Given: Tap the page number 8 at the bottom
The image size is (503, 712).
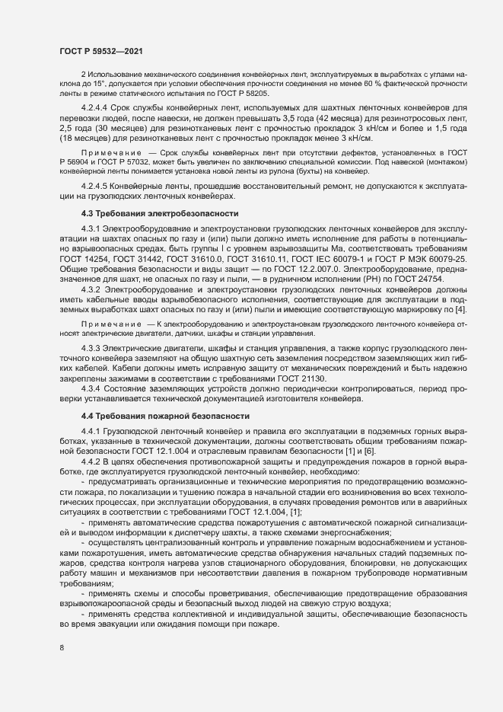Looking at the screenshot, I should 62,649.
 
